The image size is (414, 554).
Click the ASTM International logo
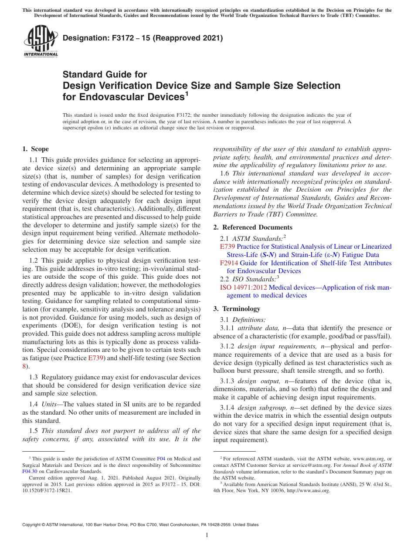tap(41, 41)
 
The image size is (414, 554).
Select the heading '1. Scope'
tap(36, 149)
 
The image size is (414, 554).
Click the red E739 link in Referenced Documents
tap(227, 247)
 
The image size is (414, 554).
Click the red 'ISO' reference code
tap(226, 287)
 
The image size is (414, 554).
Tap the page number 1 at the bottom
tap(207, 535)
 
